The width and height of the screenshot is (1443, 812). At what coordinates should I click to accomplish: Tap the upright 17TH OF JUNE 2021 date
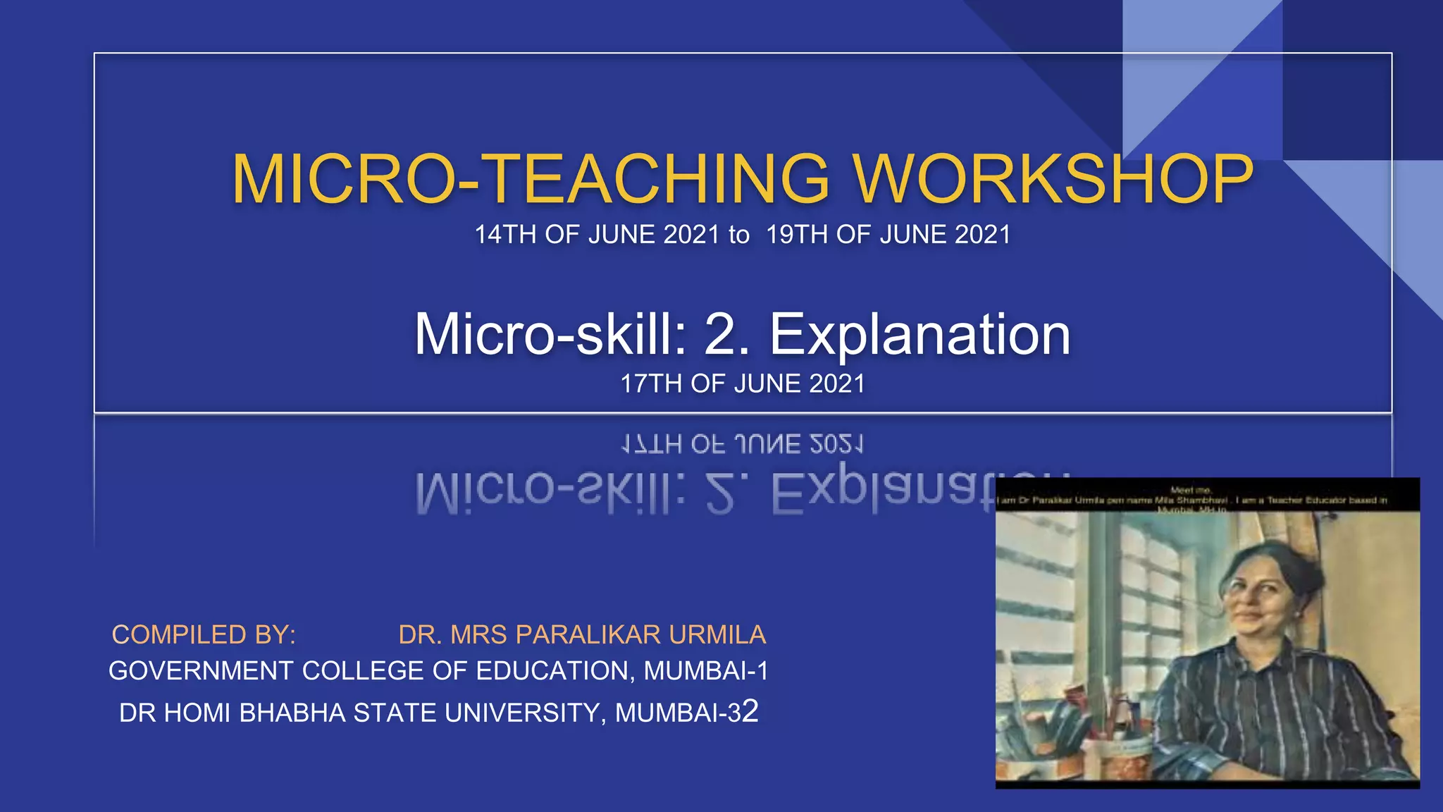(x=742, y=384)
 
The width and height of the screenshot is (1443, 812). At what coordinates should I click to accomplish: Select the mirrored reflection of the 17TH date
(x=742, y=444)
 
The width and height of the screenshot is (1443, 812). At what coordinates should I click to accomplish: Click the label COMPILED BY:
(x=204, y=635)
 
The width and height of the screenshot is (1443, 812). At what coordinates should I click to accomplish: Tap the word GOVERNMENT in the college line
(x=201, y=671)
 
